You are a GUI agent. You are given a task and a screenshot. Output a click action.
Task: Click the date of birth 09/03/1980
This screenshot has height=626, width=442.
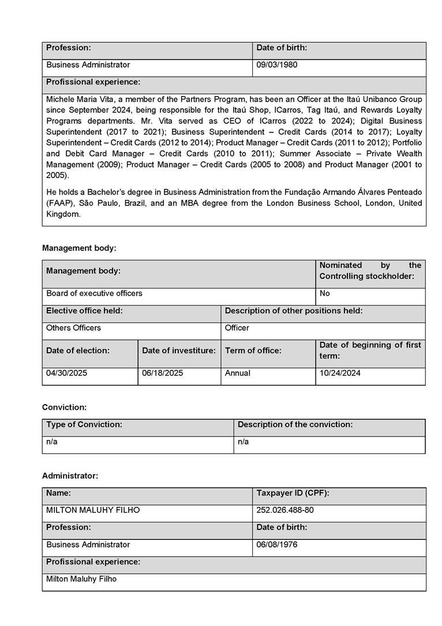[x=277, y=65]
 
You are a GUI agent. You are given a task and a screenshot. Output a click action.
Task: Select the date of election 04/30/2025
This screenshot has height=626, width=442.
[x=67, y=373]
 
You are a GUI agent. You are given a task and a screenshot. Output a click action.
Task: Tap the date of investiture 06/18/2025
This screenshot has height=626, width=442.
[x=163, y=373]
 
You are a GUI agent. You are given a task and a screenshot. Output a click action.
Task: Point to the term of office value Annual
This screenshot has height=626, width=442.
[x=238, y=373]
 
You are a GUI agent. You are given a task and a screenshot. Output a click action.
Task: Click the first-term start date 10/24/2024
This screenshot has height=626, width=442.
[x=340, y=373]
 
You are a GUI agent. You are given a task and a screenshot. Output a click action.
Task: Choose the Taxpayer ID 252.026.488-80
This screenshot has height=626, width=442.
[x=285, y=510]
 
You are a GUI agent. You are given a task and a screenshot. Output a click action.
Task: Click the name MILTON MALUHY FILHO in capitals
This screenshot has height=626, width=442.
[x=93, y=510]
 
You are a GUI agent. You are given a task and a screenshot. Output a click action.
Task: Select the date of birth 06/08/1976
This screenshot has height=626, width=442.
[x=277, y=544]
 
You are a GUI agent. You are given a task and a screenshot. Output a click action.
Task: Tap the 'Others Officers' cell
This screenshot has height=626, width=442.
[x=73, y=328]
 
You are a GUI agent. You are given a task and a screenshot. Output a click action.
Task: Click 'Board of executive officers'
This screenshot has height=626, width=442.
[x=94, y=293]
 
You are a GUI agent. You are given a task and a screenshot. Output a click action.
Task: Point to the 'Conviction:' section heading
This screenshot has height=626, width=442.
[x=64, y=407]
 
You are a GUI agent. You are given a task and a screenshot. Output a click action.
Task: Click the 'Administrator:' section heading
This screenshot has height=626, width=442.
[x=70, y=476]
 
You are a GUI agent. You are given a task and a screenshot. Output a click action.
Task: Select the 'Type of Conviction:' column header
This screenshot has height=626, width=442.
[x=84, y=424]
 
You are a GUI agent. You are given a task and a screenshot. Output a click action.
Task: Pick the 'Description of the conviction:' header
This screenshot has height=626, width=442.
[x=295, y=424]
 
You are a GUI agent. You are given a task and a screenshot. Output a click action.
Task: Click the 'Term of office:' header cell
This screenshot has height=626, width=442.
[x=253, y=350]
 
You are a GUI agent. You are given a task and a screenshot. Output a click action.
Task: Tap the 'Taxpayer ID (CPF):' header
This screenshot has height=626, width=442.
[x=293, y=492]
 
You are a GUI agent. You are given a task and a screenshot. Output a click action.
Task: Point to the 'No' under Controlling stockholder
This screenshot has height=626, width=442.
[x=325, y=293]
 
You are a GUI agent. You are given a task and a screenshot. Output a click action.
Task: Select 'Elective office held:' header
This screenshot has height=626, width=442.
[x=84, y=310]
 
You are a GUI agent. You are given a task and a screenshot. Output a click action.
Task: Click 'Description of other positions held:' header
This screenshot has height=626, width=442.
[x=294, y=310]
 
